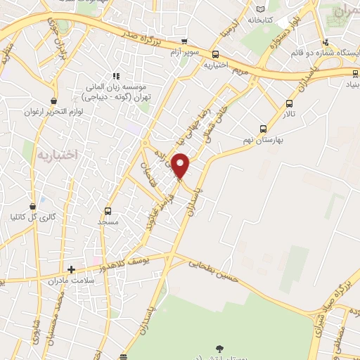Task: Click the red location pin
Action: click(x=181, y=166)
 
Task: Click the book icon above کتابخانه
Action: click(x=262, y=8)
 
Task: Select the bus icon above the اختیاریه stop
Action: click(x=215, y=53)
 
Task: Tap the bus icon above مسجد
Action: click(x=108, y=210)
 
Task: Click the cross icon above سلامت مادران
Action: click(x=70, y=269)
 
